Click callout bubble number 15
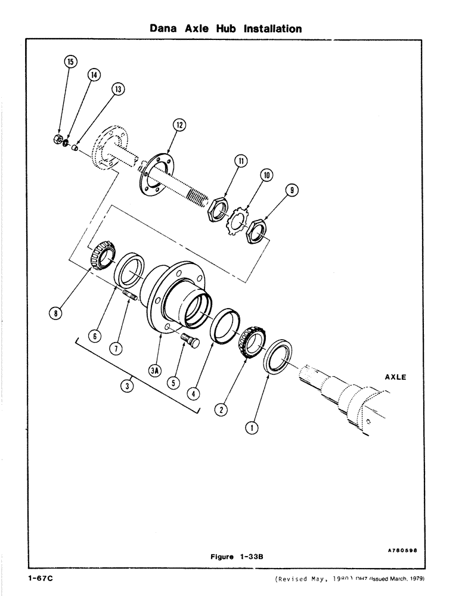[x=70, y=62]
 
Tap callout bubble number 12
[x=179, y=125]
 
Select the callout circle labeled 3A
[x=155, y=371]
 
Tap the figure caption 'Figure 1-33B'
[x=237, y=556]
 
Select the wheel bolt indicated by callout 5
[x=188, y=344]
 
